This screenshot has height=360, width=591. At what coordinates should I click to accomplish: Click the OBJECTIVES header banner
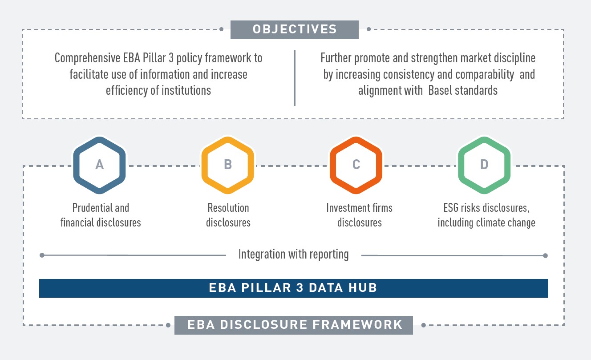click(x=294, y=29)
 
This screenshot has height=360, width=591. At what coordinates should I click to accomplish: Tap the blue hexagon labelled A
click(x=100, y=165)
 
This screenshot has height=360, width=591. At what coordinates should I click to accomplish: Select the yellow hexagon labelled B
click(x=228, y=165)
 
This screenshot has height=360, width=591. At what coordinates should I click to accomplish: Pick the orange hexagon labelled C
click(x=356, y=165)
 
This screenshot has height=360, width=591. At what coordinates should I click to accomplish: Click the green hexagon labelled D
click(x=484, y=165)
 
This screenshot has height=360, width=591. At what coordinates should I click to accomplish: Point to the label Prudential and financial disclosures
click(x=101, y=215)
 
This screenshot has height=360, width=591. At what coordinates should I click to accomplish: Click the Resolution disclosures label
click(x=228, y=215)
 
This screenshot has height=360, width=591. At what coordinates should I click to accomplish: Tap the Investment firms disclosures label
click(x=359, y=215)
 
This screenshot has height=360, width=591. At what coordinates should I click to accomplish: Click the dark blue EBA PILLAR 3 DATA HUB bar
click(x=293, y=288)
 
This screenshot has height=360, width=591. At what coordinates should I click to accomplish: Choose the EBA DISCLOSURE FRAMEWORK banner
click(x=294, y=324)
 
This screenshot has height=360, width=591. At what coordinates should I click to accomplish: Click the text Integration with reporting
click(x=293, y=255)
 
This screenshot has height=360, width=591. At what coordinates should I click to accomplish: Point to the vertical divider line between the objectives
click(x=295, y=78)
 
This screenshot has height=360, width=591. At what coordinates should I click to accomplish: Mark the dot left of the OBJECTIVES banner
click(x=222, y=30)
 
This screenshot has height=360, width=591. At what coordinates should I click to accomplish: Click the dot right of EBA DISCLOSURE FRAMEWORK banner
click(x=423, y=325)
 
